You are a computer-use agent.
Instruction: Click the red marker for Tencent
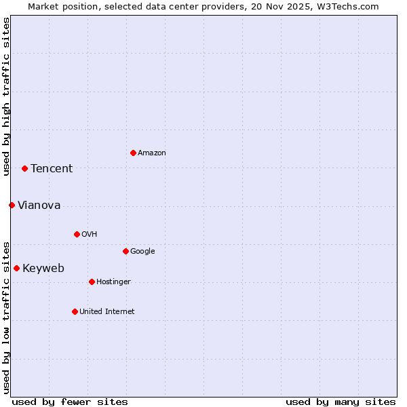click(x=24, y=168)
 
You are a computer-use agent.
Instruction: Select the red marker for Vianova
click(x=12, y=205)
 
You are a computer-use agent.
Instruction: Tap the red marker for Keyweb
click(x=16, y=268)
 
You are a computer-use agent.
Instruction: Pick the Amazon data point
click(x=133, y=153)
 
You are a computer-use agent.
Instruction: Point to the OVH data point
click(x=77, y=234)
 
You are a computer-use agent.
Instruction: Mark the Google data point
click(x=125, y=251)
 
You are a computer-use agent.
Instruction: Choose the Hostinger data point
click(x=92, y=282)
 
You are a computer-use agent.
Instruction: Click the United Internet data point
click(x=75, y=311)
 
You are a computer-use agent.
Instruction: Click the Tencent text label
click(x=52, y=169)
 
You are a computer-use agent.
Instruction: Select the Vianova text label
click(x=39, y=206)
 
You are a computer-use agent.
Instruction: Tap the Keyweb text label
click(x=43, y=269)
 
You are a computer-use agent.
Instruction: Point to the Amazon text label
click(x=151, y=153)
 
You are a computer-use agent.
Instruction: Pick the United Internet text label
click(x=106, y=312)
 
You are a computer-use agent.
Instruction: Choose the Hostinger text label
click(x=113, y=282)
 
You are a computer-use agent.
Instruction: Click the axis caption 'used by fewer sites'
click(x=70, y=402)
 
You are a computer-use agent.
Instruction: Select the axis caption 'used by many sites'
click(x=341, y=402)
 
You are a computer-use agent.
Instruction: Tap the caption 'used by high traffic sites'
click(x=6, y=96)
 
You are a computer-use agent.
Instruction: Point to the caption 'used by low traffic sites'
click(x=6, y=317)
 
